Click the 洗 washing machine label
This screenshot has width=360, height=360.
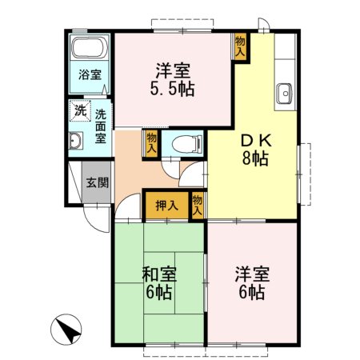coord(80,110)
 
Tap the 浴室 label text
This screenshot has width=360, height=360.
coord(89,75)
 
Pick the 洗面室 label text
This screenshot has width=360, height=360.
coord(101,126)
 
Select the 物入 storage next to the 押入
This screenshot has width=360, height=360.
coord(198,206)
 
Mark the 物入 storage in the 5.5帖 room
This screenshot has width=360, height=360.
coord(240,45)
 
